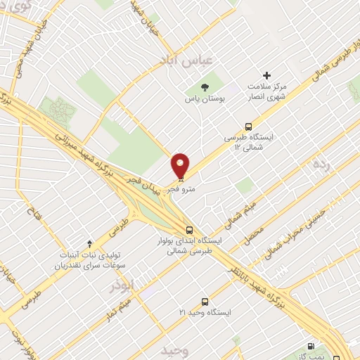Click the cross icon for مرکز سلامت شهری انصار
[x=266, y=75]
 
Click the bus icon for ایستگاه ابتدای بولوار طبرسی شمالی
[x=189, y=229]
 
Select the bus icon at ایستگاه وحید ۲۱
[x=205, y=299]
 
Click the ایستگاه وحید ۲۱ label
[x=205, y=311]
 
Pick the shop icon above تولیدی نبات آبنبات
[x=89, y=243]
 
